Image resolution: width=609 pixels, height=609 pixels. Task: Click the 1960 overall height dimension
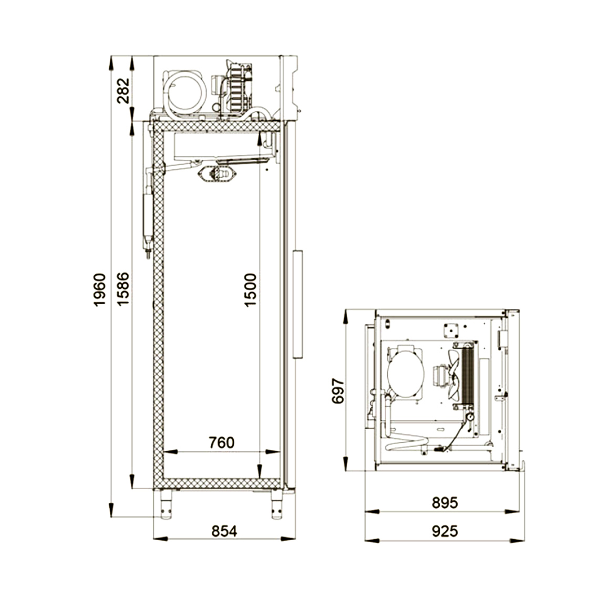(x=99, y=290)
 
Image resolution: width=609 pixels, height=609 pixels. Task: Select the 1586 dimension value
(x=123, y=288)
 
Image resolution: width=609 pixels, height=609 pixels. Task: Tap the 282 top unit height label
(x=123, y=90)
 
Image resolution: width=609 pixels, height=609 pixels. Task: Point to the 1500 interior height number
(x=251, y=290)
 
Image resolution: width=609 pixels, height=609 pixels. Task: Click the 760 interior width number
(x=221, y=442)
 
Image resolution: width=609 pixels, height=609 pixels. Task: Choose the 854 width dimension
(x=224, y=531)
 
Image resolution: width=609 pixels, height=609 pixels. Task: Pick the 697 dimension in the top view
(x=338, y=391)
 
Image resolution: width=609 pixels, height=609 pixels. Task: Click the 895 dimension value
(x=445, y=503)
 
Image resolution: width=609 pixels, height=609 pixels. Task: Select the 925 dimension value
(x=445, y=531)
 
